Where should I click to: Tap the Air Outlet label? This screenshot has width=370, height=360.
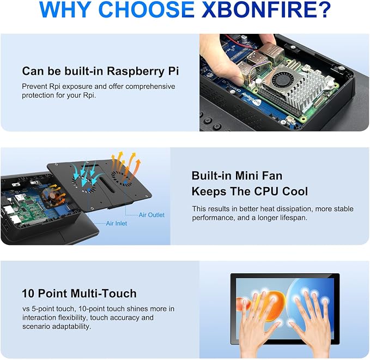[151, 215]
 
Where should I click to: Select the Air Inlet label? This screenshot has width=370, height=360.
[116, 224]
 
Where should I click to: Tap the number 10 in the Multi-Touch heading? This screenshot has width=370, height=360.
[28, 293]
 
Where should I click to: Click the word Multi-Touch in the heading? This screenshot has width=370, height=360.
[104, 293]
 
